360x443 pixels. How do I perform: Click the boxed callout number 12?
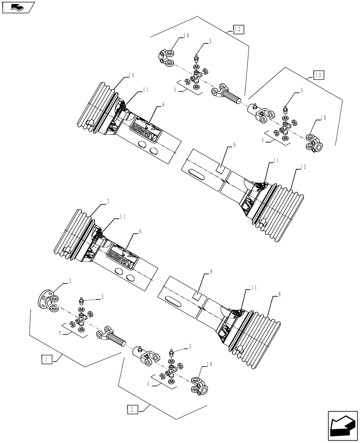pos(238,30)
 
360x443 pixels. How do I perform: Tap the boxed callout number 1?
pos(47,359)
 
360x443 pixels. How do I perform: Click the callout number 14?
pos(131,76)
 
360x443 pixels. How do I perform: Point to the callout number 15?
pos(303,167)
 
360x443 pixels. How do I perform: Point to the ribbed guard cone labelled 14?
pos(97,106)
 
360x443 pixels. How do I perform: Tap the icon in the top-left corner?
pos(18,8)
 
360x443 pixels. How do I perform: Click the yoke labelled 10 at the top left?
pos(168,57)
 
